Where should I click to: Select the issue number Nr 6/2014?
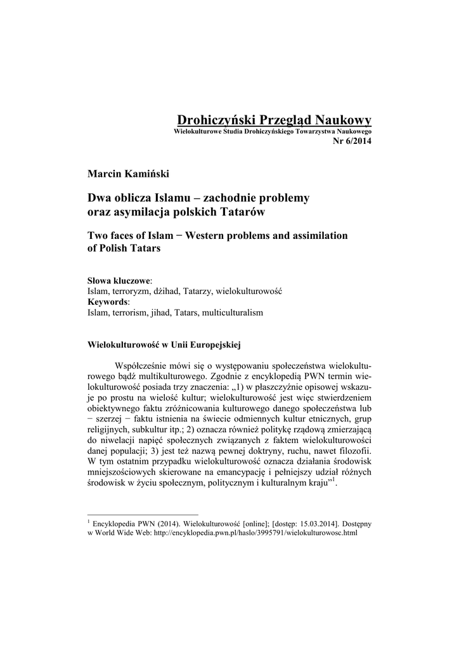(x=352, y=140)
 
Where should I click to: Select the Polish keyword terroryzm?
(x=131, y=291)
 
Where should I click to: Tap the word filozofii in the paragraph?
(x=352, y=453)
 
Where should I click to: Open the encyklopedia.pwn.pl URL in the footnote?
(x=254, y=534)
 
